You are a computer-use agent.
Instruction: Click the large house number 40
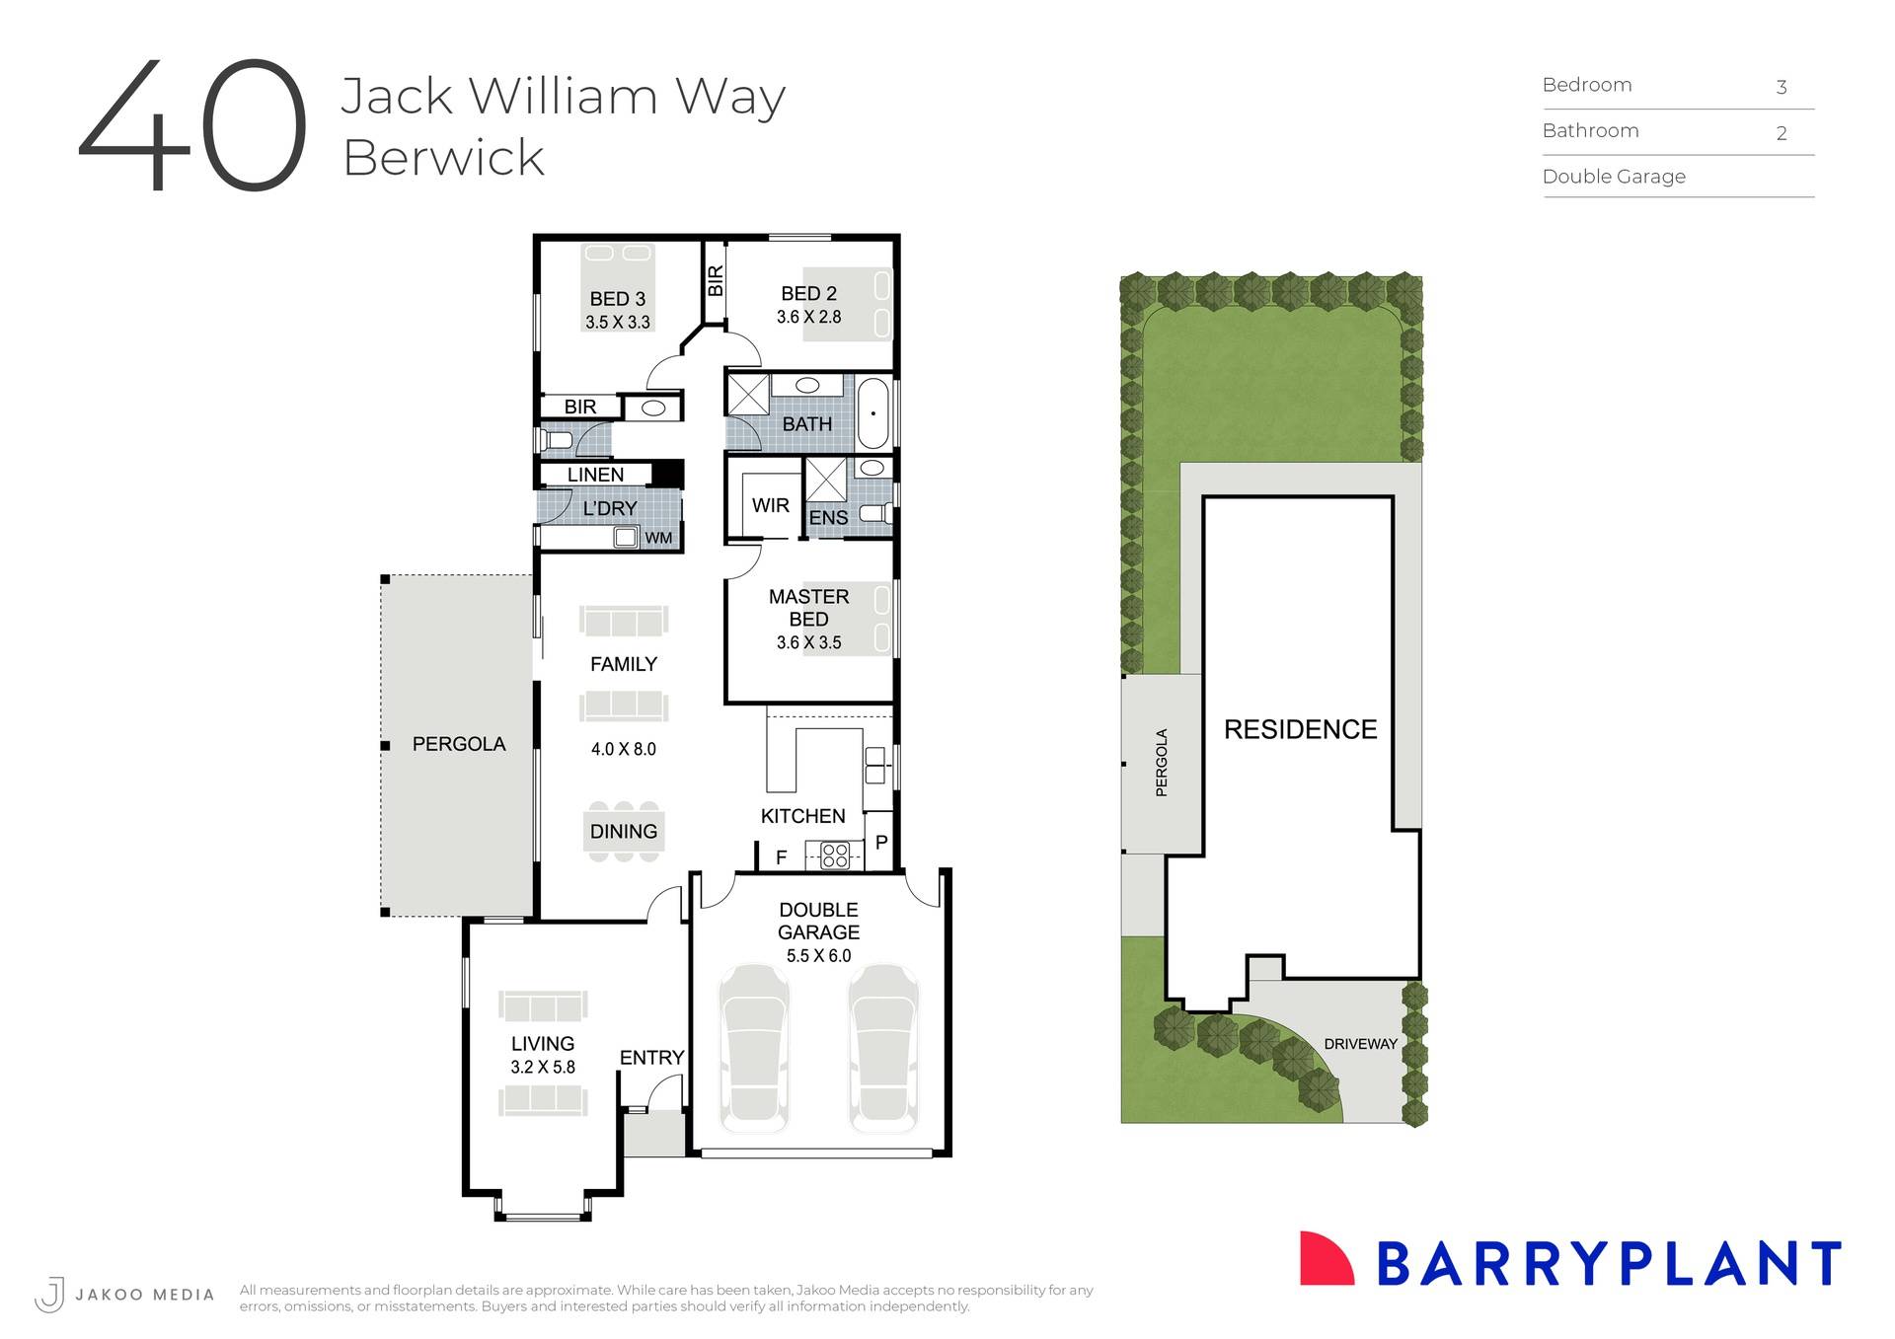[x=193, y=125]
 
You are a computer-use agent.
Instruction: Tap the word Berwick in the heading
[x=443, y=158]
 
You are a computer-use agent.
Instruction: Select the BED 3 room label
[x=617, y=298]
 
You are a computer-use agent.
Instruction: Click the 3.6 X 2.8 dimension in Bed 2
[x=808, y=317]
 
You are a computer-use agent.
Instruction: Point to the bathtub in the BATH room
[x=873, y=413]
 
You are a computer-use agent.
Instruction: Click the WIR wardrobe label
[x=770, y=505]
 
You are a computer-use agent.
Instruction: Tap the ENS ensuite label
[x=828, y=518]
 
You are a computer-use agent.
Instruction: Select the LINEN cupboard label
[x=595, y=475]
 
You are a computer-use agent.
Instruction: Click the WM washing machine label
[x=658, y=538]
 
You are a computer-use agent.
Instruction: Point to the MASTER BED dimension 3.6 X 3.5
[x=808, y=642]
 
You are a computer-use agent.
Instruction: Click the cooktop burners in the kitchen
[x=835, y=855]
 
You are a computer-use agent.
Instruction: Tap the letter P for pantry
[x=881, y=843]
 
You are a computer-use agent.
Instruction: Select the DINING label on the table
[x=623, y=832]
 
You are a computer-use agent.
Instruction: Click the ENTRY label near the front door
[x=651, y=1058]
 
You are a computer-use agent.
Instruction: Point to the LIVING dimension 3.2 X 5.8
[x=542, y=1067]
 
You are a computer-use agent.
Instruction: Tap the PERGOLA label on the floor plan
[x=459, y=744]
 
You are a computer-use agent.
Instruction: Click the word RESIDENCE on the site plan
[x=1300, y=729]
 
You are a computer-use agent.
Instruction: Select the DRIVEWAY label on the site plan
[x=1360, y=1044]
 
